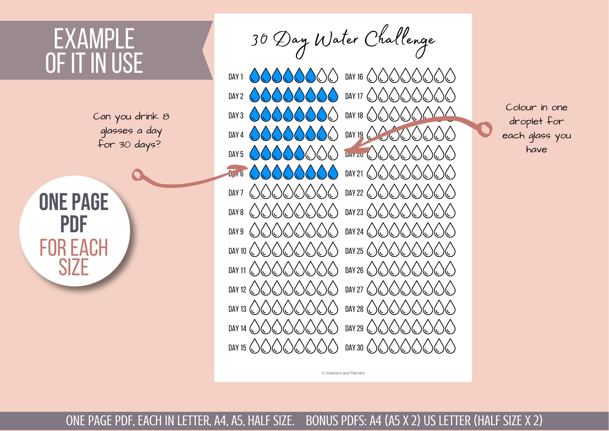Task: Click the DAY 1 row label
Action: [x=236, y=77]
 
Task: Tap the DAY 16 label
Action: [x=354, y=77]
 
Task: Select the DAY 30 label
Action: [x=354, y=348]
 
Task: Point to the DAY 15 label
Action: [x=237, y=348]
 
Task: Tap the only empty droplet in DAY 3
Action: [x=333, y=115]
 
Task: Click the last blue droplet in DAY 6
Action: [x=333, y=173]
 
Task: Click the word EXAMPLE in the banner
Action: [x=94, y=39]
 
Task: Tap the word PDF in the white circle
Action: [x=74, y=224]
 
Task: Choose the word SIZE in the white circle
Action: [x=74, y=267]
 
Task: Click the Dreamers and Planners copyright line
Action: [x=343, y=373]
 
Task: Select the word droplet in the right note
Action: [x=526, y=122]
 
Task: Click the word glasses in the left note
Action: [x=117, y=131]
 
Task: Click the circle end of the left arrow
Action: [x=138, y=175]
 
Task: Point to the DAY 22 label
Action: [x=354, y=193]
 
